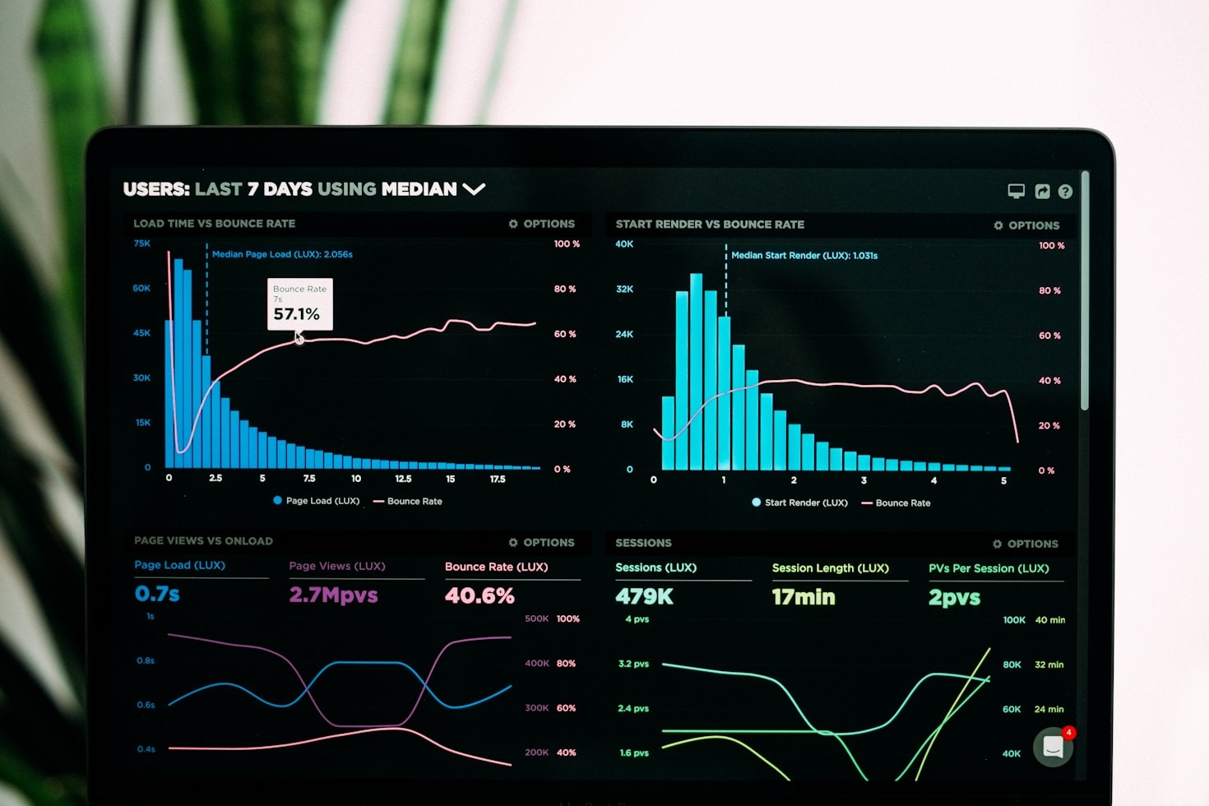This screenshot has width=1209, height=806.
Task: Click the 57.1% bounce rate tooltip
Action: [299, 304]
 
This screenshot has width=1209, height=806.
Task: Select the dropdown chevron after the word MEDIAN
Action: [474, 189]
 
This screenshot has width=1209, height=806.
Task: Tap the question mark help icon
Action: [1065, 192]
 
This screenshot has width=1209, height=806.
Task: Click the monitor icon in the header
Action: [1017, 192]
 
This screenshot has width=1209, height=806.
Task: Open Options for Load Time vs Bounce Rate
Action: [542, 224]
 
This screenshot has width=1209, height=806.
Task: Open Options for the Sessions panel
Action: [1026, 544]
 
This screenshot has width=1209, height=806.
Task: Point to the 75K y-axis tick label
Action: [142, 243]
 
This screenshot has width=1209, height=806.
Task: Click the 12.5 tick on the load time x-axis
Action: [403, 479]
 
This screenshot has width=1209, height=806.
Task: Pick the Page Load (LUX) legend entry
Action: [317, 501]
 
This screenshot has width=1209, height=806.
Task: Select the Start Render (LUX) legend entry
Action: [799, 503]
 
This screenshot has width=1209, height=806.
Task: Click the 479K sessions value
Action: [644, 597]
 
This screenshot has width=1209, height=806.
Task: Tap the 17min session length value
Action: [803, 597]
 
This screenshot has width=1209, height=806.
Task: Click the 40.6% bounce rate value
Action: [479, 595]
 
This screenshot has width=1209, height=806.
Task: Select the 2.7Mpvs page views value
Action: [333, 595]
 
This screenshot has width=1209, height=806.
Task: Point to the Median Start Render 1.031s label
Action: [804, 256]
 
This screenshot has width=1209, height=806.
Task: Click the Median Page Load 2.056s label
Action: [282, 254]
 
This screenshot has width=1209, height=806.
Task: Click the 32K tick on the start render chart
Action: [624, 290]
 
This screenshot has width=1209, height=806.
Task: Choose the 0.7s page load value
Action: [157, 594]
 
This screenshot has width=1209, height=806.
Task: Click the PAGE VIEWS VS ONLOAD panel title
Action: [203, 541]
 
